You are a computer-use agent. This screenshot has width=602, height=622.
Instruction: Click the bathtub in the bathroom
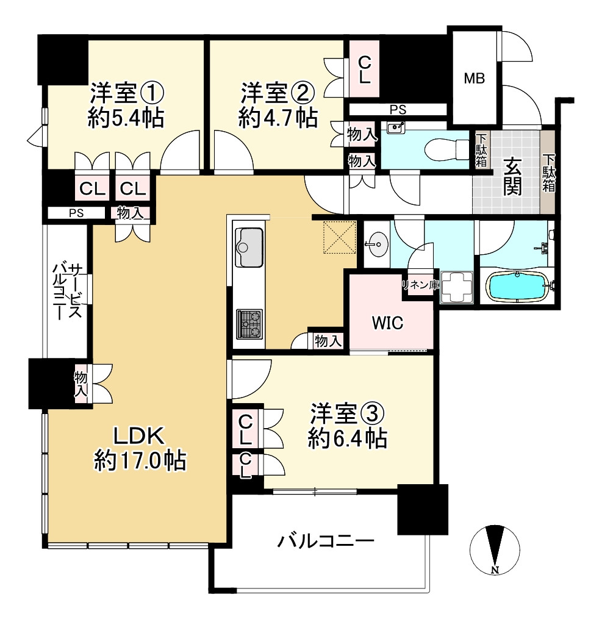tap(517, 287)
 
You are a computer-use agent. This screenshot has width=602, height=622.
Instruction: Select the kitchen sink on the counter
tap(248, 247)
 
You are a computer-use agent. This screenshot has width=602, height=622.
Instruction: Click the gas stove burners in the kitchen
tap(249, 323)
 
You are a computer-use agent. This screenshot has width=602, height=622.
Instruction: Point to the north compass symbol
tap(495, 549)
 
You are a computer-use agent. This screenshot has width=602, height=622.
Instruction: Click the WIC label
tap(388, 323)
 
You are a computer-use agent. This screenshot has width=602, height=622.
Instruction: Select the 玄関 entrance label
tap(512, 177)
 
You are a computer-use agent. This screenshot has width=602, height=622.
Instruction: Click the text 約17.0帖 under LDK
tap(140, 460)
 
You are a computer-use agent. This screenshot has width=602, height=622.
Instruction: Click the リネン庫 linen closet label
tap(420, 284)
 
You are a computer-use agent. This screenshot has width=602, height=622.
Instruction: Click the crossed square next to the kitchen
tap(339, 237)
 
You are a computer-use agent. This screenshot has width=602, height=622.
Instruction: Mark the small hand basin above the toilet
tap(396, 128)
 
